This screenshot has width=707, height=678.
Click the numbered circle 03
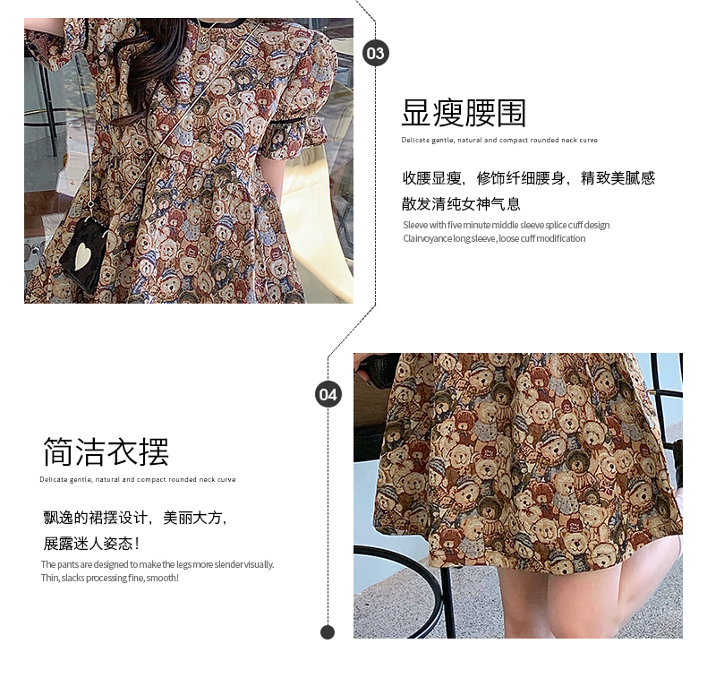pos(376,53)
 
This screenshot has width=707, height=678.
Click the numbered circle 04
pos(328,394)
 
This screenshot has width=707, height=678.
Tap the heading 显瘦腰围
pos(464,113)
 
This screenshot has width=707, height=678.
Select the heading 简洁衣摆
pos(106,451)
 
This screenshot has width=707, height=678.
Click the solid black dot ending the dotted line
pos(328,632)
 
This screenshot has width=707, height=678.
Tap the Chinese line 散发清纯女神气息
pos(461,204)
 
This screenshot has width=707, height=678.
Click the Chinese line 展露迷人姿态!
pos(91,543)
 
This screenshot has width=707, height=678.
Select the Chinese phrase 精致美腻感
pos(618,178)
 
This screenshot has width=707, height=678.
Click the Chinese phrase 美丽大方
pos(193,518)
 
